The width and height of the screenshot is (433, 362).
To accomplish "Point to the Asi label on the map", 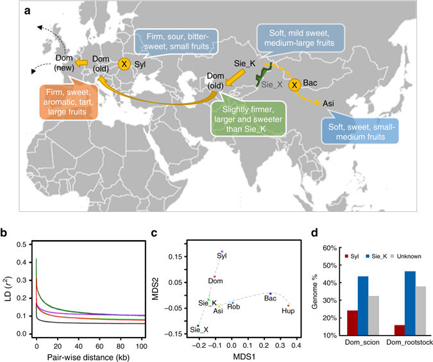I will pos(328,102).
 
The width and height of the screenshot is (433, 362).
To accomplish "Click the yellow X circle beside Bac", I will pos(294,85).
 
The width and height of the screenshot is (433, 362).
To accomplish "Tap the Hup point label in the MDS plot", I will pos(289,311).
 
